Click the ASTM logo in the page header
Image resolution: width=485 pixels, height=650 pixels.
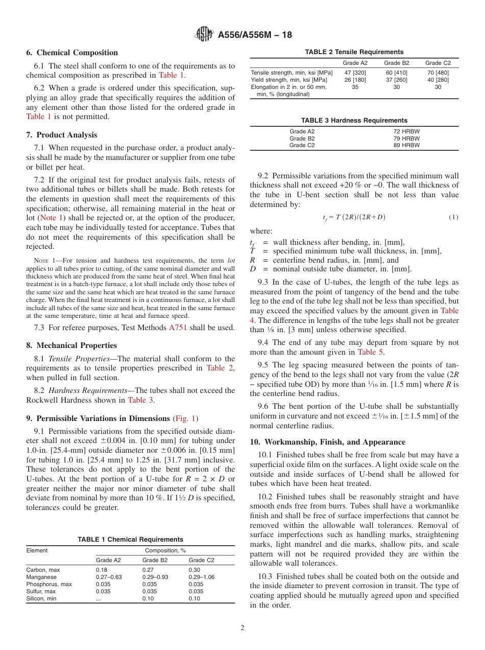205,35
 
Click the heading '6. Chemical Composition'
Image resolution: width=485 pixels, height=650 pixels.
72,53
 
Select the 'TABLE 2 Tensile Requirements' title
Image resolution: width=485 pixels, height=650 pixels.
354,52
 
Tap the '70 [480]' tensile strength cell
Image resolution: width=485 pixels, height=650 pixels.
438,73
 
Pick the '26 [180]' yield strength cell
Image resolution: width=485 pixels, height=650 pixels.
354,80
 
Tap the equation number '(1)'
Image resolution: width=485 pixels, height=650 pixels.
453,217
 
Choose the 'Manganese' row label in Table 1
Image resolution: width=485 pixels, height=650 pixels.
41,577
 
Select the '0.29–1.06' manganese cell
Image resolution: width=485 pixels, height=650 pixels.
202,577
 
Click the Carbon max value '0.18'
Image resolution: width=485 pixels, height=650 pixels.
102,569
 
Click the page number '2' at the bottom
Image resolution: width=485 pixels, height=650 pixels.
243,628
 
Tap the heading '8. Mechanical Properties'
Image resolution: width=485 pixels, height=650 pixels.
71,345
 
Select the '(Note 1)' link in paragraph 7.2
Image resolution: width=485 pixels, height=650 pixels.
48,218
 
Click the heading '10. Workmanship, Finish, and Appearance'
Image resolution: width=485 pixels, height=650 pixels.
327,442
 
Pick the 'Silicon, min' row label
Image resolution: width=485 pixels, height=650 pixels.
41,598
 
